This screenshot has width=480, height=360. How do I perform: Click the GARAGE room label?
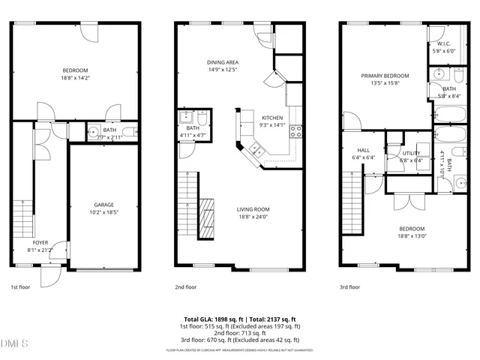click(103, 204)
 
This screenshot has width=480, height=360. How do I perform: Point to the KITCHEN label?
click(271, 118)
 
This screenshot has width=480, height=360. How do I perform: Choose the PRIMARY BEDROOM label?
click(385, 76)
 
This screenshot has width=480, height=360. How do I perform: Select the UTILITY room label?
click(411, 152)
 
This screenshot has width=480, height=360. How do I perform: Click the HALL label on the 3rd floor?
click(364, 150)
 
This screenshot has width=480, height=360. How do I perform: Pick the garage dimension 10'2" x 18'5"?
click(103, 212)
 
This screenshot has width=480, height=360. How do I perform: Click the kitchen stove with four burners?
click(295, 132)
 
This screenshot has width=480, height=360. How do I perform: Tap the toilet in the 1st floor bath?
click(129, 133)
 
